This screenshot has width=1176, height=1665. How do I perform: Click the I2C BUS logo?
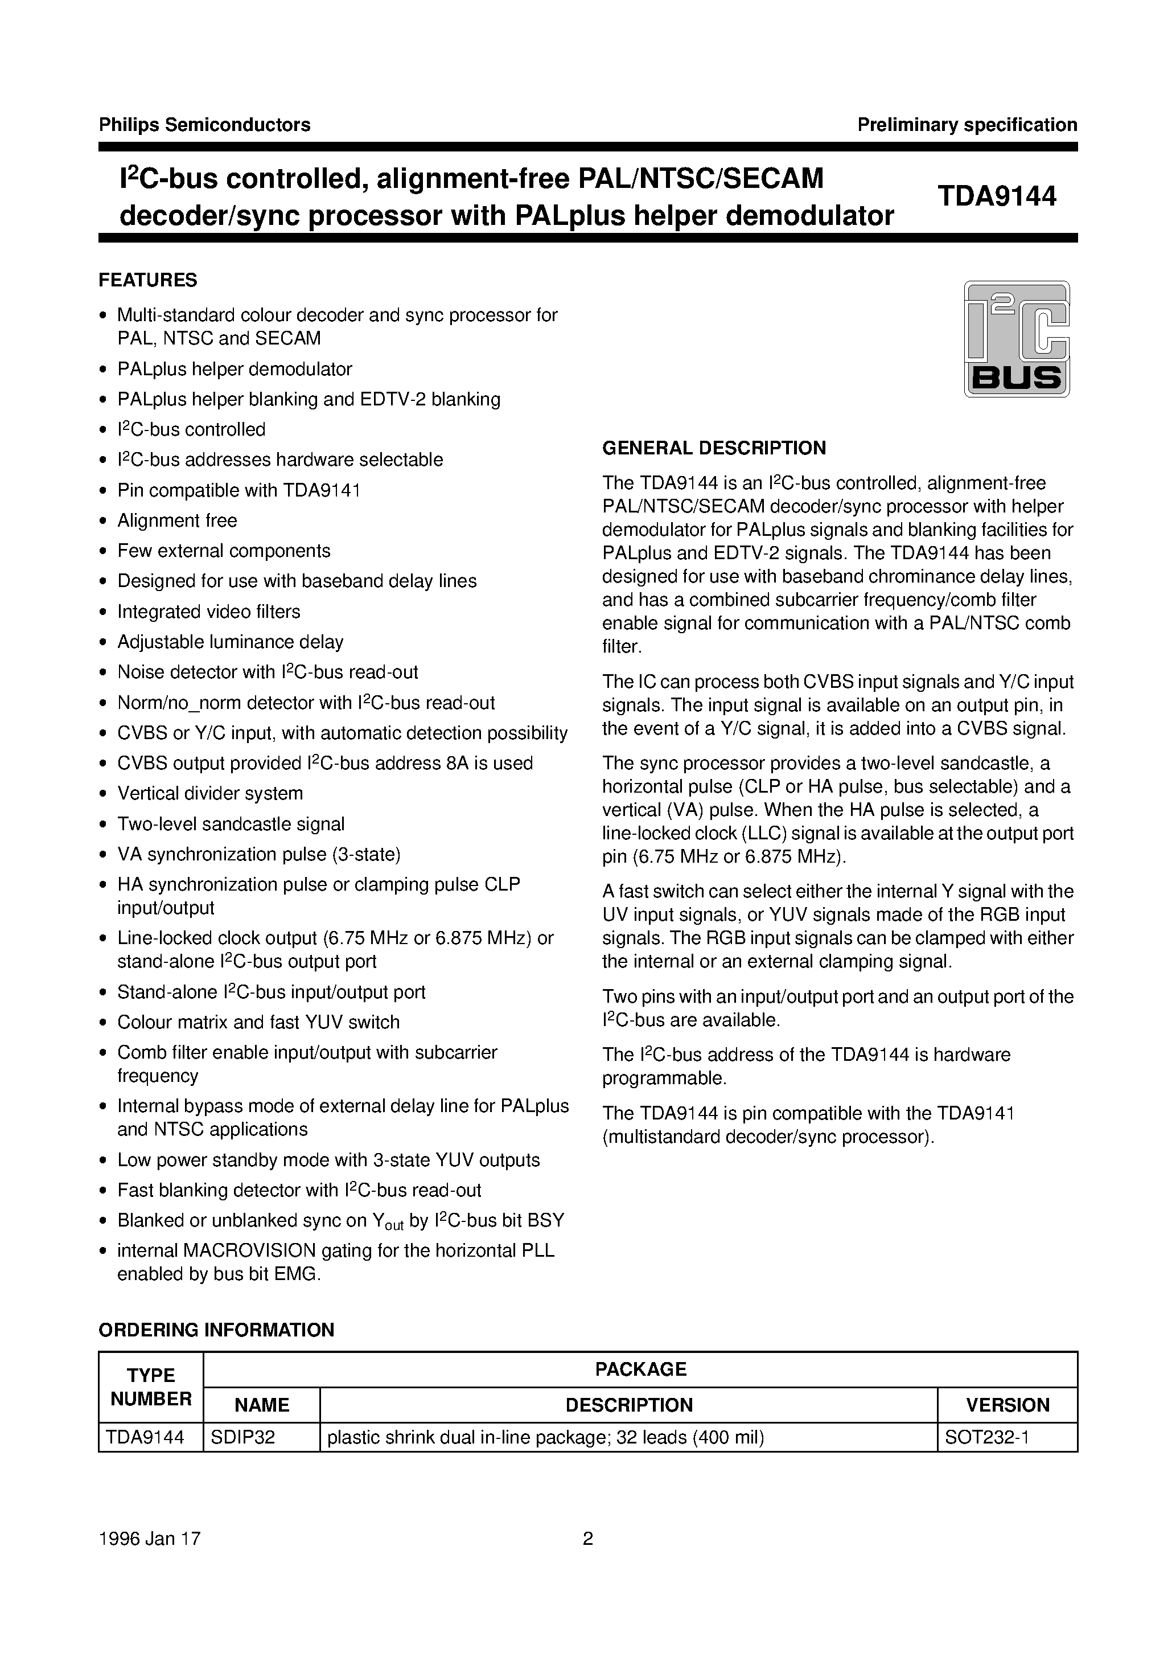(1017, 339)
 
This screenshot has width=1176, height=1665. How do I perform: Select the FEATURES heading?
(148, 280)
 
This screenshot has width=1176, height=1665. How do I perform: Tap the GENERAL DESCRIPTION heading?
(714, 448)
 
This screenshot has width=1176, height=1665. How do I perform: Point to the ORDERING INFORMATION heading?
(216, 1330)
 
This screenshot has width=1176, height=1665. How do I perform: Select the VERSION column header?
(1007, 1405)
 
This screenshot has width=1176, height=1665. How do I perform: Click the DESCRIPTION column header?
(628, 1405)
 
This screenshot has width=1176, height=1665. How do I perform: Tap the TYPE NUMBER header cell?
(151, 1387)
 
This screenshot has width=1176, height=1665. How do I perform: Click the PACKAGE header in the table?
(640, 1369)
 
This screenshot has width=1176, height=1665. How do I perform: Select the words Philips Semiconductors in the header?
(204, 125)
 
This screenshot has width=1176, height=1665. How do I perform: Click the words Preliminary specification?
(967, 125)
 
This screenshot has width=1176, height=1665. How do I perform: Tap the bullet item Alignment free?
(177, 520)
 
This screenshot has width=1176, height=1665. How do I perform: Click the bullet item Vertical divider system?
(210, 793)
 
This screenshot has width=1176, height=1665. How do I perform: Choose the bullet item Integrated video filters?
(209, 612)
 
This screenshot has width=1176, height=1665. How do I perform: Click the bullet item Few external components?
(223, 551)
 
